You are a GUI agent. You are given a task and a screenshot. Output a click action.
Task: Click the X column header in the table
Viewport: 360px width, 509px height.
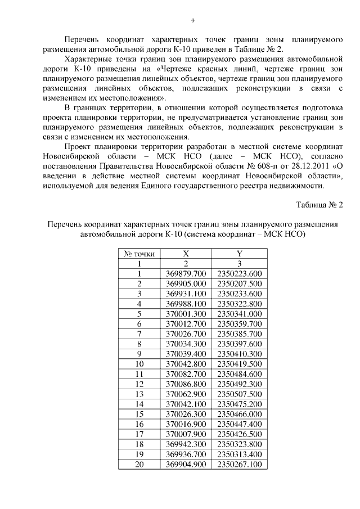coord(186,254)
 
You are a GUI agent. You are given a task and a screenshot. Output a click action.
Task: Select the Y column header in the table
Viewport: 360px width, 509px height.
coord(239,254)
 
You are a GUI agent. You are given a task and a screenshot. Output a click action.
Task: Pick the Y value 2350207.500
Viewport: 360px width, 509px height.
coord(239,284)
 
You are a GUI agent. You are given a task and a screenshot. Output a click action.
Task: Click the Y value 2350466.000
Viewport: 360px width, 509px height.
coord(239,414)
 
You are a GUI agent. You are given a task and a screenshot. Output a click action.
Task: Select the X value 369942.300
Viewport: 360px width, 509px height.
coord(186,444)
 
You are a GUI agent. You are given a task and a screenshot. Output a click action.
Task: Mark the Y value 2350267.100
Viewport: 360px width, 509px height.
coord(239,465)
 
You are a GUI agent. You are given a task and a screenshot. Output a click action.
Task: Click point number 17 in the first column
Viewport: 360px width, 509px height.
coord(139,434)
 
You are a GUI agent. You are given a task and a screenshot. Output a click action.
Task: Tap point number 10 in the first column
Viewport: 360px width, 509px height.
coord(139,364)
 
